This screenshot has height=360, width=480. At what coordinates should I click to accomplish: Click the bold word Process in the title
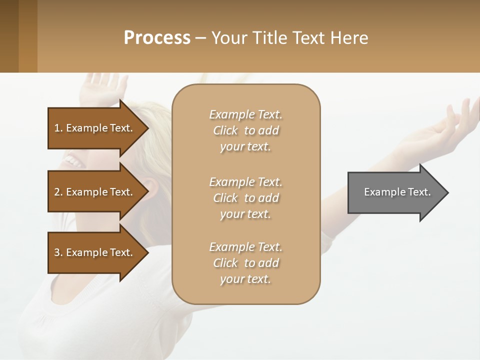click(x=157, y=37)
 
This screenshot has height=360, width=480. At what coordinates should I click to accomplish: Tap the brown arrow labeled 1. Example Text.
click(x=95, y=128)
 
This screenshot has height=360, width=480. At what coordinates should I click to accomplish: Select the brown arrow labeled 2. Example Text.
click(x=95, y=192)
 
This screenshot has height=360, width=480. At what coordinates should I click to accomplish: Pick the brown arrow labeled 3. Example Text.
click(x=95, y=252)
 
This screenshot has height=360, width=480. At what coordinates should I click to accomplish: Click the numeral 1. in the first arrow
click(x=58, y=128)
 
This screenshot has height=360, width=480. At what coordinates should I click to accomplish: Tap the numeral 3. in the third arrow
click(x=58, y=252)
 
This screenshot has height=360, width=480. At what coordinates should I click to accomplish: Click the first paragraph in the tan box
click(x=245, y=130)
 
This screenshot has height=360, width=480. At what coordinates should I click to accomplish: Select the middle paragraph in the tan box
click(x=245, y=197)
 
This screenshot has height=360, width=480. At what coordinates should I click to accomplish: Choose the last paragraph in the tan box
click(x=245, y=263)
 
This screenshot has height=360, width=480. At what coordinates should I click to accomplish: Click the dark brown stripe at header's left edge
click(x=9, y=36)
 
